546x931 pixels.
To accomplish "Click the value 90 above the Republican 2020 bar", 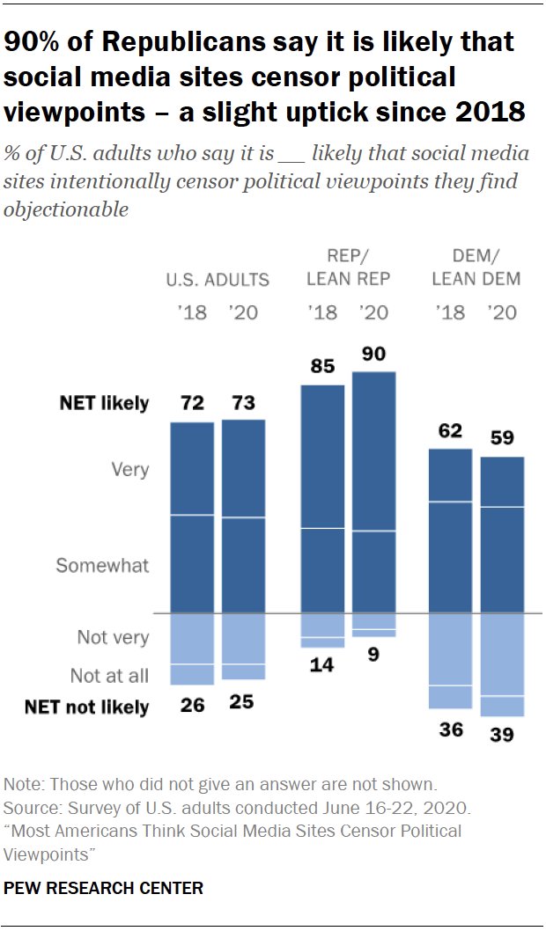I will tap(374, 354).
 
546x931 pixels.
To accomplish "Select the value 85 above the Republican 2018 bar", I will tap(323, 366).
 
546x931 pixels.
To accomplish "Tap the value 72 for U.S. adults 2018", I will tap(191, 404).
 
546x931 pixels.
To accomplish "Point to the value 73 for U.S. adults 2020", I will tap(243, 404).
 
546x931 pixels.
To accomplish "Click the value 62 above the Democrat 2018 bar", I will tap(450, 431).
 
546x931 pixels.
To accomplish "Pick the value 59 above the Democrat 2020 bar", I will tap(503, 438).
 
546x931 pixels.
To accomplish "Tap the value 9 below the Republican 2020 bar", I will tap(374, 656).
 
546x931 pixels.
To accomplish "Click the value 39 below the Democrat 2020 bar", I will tap(503, 734).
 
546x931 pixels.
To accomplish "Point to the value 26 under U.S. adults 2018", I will tap(191, 705).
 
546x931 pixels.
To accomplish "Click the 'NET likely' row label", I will tap(104, 404).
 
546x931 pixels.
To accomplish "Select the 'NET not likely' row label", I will tap(86, 707).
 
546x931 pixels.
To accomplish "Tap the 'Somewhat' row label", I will tap(102, 566).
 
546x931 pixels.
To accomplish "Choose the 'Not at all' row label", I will tap(109, 676).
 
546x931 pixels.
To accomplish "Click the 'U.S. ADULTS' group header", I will tap(218, 280).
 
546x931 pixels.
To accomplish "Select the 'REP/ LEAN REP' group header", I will tap(349, 268).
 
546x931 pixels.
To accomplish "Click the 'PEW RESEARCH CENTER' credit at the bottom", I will tap(103, 889).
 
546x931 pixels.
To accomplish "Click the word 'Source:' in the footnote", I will tap(31, 808).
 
